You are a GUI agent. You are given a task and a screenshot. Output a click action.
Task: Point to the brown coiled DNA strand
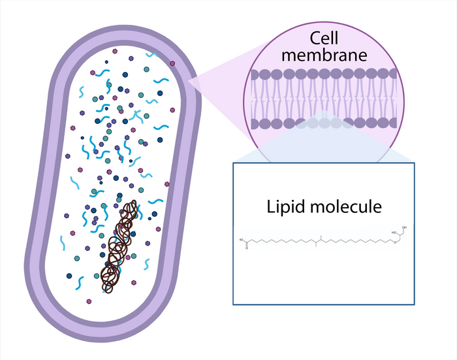[120, 245]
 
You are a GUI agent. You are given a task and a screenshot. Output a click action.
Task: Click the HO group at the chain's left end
[242, 240]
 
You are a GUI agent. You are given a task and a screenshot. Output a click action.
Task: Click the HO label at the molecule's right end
[393, 232]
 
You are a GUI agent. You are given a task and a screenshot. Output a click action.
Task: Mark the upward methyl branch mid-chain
[321, 238]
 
